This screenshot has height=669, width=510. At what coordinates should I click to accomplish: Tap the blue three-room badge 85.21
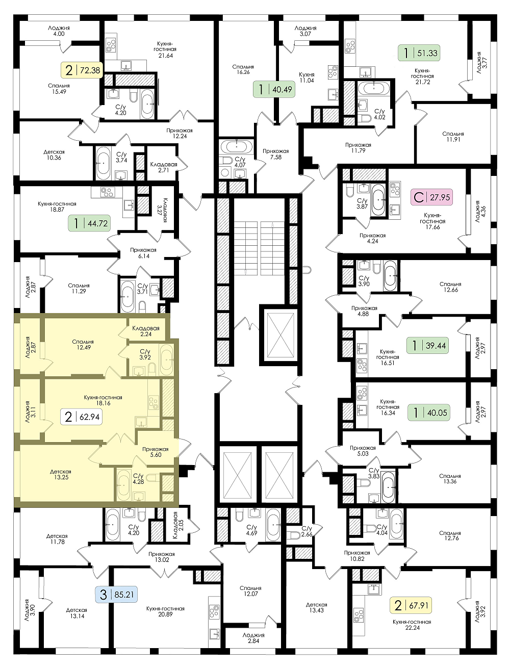click(x=116, y=595)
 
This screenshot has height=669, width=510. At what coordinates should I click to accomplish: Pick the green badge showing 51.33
click(x=419, y=53)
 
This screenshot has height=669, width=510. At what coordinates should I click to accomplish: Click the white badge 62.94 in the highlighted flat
click(x=82, y=417)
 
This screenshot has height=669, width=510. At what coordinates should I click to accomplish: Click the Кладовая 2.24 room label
click(x=146, y=331)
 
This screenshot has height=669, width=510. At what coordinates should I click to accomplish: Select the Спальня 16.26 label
click(x=243, y=69)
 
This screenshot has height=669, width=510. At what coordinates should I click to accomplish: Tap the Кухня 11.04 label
click(x=307, y=78)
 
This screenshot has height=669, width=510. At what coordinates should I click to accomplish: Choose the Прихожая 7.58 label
click(x=275, y=154)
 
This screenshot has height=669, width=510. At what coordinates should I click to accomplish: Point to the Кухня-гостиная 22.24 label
click(x=412, y=625)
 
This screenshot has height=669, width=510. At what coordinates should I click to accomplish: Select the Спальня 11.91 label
click(x=453, y=137)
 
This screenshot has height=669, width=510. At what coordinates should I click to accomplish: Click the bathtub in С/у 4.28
click(x=124, y=486)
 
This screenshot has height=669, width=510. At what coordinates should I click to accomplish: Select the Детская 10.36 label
click(x=54, y=155)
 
